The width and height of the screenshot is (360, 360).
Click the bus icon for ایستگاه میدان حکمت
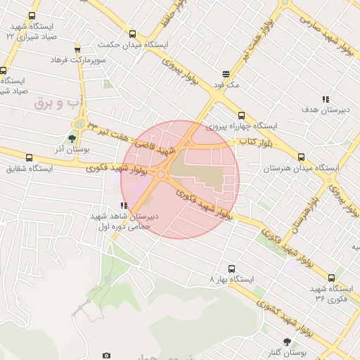point(133,34)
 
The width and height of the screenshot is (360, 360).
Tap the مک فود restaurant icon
point(226,73)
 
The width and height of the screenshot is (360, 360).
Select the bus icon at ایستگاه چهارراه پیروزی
point(241,115)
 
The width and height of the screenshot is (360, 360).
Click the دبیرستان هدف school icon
point(325,99)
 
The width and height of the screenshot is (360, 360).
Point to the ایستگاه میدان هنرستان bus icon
point(302,157)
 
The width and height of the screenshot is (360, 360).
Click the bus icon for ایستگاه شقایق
point(29,158)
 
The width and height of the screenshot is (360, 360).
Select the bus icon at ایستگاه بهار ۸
point(231,268)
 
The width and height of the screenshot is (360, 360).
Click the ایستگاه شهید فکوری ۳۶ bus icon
point(331,278)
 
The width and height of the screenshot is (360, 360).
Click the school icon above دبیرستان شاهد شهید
point(124,205)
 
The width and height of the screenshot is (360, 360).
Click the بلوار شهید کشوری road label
point(281,317)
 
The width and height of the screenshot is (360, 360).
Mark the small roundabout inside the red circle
point(161,174)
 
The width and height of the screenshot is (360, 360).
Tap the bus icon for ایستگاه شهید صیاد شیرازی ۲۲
point(32,15)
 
